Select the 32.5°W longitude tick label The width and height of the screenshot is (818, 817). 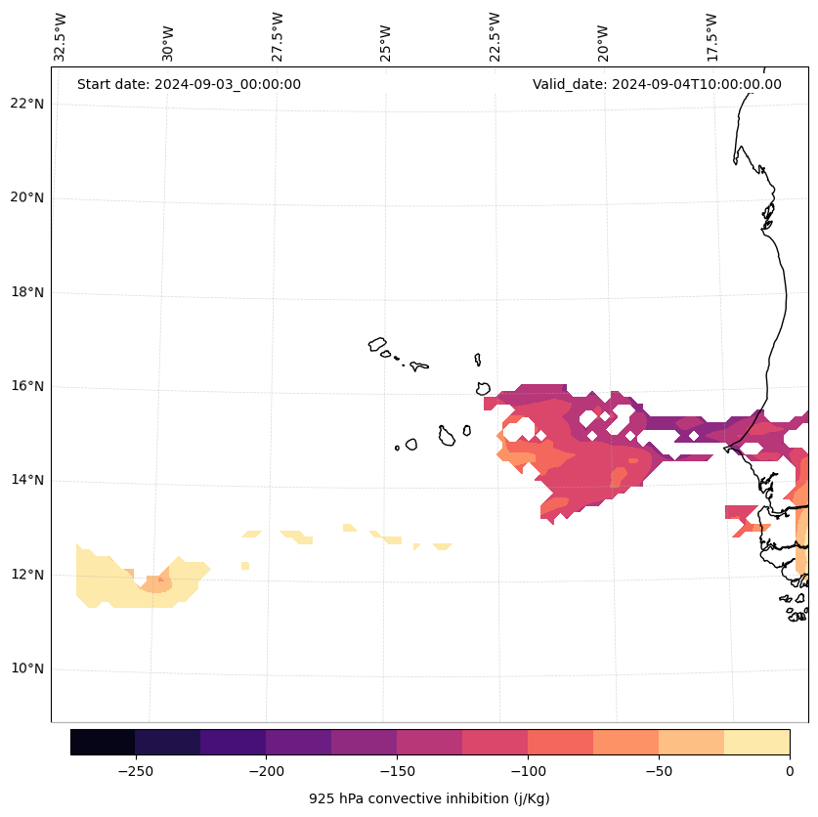tap(61, 37)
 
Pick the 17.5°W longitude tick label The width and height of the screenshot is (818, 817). tap(712, 37)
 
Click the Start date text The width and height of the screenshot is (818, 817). tap(189, 84)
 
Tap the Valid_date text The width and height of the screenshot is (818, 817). tap(657, 84)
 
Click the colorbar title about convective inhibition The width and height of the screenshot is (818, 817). tap(429, 798)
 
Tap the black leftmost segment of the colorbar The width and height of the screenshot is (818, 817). tap(103, 742)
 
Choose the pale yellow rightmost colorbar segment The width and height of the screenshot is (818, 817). tap(756, 742)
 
